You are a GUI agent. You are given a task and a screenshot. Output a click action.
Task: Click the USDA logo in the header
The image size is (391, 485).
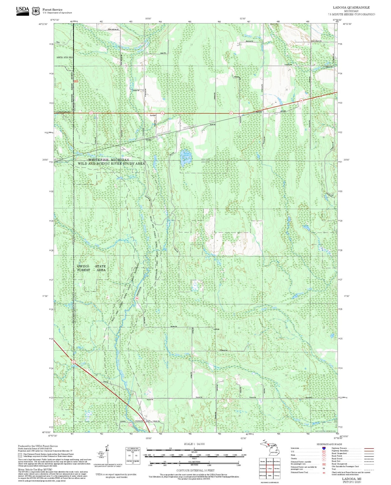22,11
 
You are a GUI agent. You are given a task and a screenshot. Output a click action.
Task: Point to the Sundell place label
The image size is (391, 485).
153,115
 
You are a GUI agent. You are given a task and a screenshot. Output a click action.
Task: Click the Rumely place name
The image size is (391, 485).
259,112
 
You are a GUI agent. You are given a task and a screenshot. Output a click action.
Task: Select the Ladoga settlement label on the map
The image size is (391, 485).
216,329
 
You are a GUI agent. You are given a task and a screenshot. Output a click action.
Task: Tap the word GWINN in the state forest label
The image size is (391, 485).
83,266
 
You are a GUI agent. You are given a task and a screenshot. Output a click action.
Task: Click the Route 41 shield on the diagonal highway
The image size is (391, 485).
74,362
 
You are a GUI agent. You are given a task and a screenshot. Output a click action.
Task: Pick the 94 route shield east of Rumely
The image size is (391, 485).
301,101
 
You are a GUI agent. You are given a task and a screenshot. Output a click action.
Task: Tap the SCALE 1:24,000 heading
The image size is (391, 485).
194,444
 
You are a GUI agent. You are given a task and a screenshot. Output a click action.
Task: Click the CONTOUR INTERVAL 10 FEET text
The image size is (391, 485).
195,470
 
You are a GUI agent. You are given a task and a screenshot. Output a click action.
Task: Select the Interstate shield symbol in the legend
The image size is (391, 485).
324,448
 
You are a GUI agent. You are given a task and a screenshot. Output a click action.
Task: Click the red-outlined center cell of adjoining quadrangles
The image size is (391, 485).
270,468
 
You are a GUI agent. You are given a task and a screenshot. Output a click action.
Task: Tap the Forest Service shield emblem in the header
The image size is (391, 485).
36,11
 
